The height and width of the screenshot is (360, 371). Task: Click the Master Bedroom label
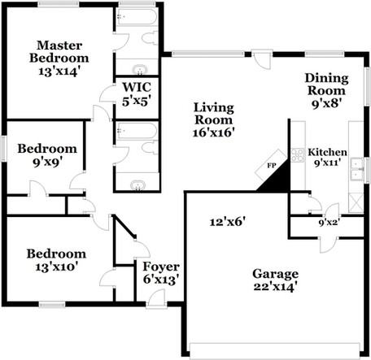[59, 59]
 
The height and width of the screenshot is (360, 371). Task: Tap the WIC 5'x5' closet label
[137, 94]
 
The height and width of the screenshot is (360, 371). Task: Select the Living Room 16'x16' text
[214, 120]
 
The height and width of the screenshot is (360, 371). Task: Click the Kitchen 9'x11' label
[327, 157]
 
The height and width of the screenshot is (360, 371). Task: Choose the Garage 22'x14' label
[275, 280]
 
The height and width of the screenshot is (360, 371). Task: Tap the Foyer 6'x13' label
[161, 273]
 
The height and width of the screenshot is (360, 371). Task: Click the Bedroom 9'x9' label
[47, 155]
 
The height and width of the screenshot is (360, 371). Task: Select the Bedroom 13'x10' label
[56, 260]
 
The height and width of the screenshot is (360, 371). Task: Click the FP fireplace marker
[271, 166]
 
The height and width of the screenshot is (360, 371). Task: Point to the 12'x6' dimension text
[228, 222]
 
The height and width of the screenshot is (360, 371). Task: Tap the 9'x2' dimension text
[330, 223]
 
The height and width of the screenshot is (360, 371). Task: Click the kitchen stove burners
[298, 155]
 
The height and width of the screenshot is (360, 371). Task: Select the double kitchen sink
[356, 170]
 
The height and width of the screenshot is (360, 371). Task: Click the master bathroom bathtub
[137, 17]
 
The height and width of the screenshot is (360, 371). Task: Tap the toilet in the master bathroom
[150, 38]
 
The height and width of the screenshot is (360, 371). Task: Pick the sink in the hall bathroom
[137, 185]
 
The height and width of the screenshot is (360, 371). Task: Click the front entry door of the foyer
[156, 298]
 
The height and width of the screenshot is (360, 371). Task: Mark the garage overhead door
[274, 351]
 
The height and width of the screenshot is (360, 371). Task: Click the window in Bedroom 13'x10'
[52, 305]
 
